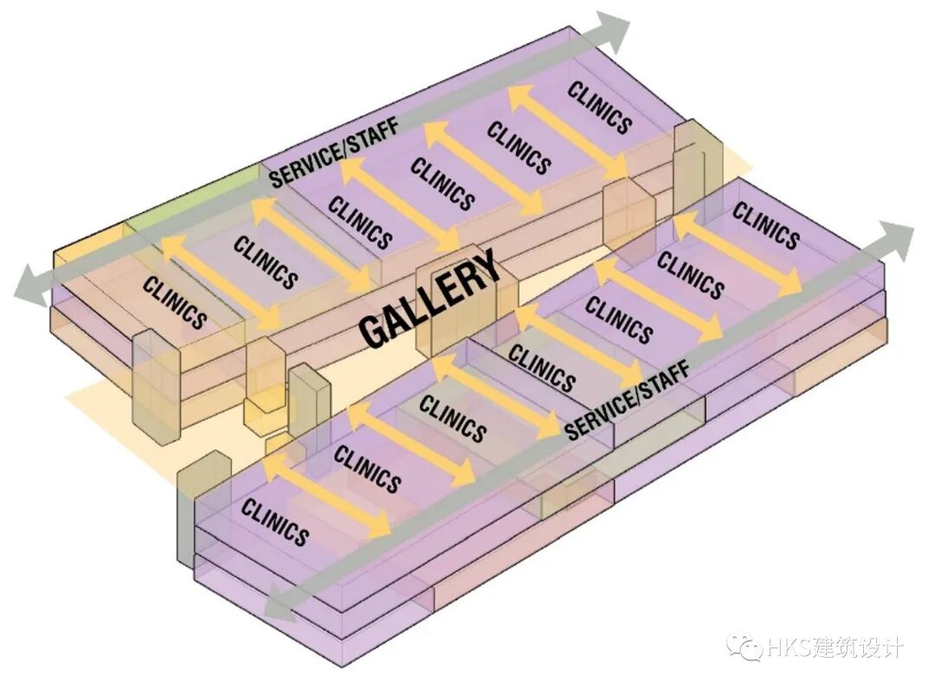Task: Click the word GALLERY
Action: [430, 299]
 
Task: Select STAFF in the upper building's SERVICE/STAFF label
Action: [373, 134]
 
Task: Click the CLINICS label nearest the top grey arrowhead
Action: [599, 106]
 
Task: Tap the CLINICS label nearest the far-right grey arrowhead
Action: [765, 224]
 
